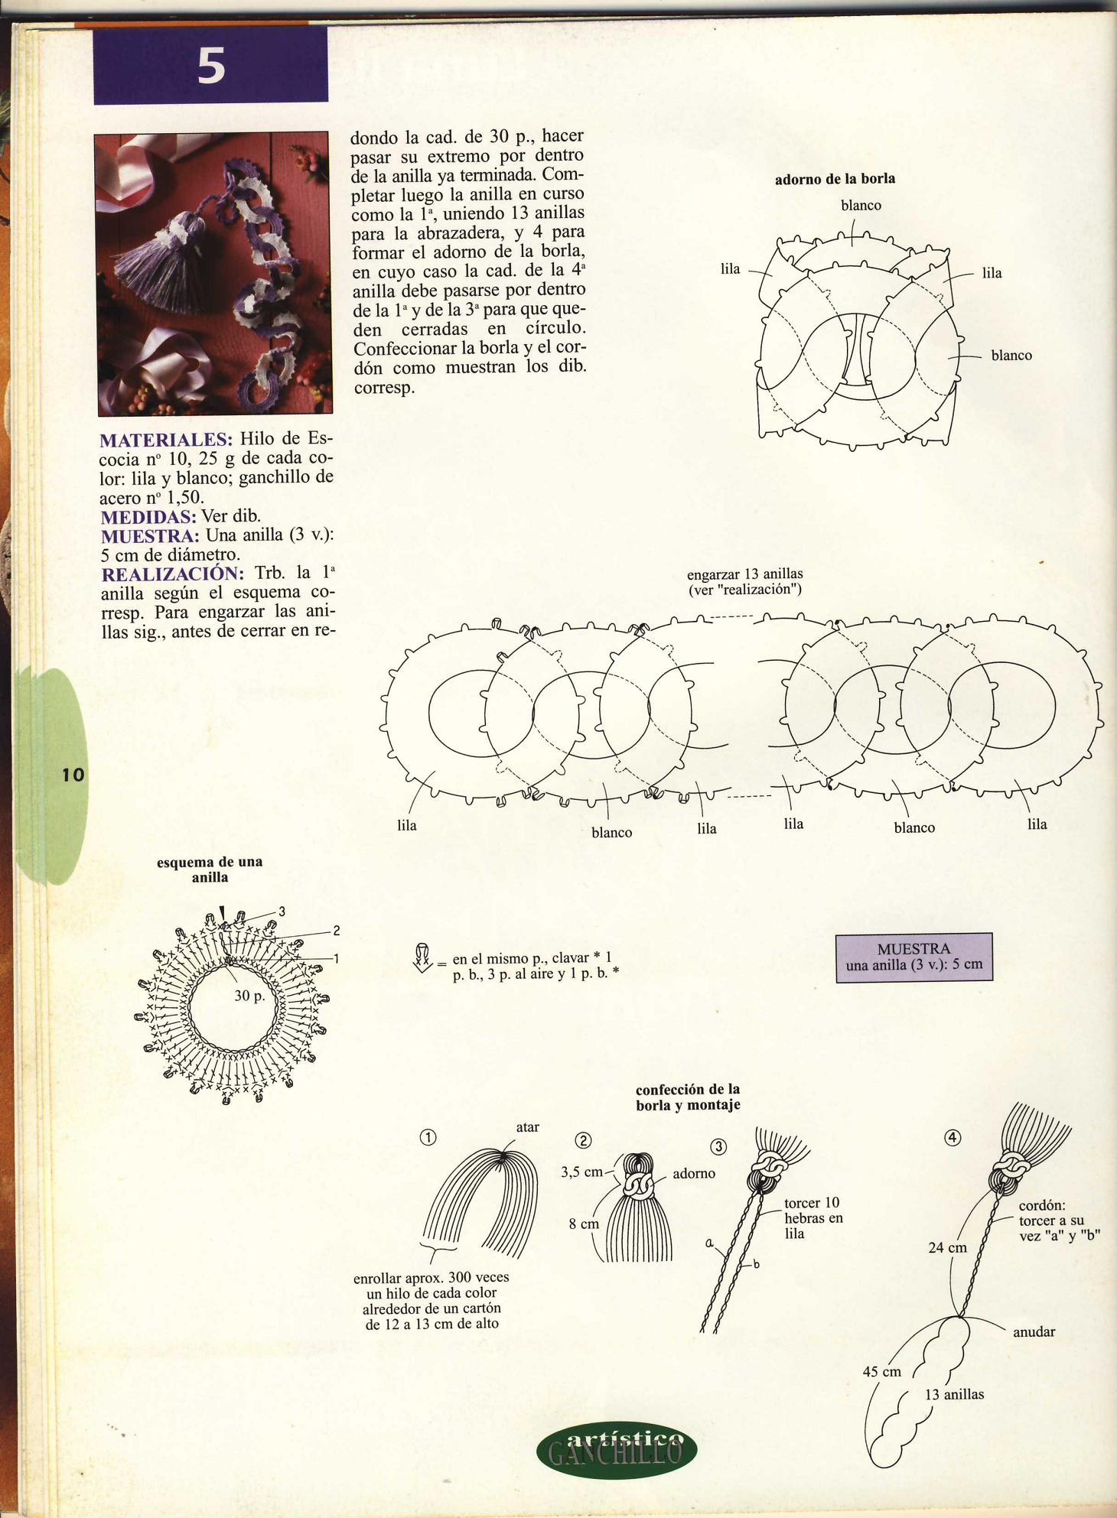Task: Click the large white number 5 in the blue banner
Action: click(x=211, y=66)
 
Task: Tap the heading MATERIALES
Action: click(x=166, y=440)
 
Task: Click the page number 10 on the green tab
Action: click(x=73, y=775)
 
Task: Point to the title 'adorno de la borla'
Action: click(x=835, y=179)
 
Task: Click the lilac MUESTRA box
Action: click(x=913, y=957)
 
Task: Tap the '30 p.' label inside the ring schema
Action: click(x=249, y=996)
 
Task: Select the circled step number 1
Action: click(x=428, y=1137)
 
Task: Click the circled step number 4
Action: click(x=953, y=1137)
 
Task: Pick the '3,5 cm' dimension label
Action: click(x=581, y=1172)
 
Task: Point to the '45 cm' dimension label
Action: click(x=882, y=1371)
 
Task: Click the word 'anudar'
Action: click(x=1034, y=1331)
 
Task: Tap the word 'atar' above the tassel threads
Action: click(x=527, y=1126)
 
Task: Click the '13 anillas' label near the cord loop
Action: click(x=954, y=1394)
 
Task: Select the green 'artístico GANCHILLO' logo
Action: click(x=617, y=1449)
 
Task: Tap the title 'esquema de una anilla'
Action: click(x=210, y=870)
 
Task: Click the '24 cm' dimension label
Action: click(x=947, y=1247)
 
